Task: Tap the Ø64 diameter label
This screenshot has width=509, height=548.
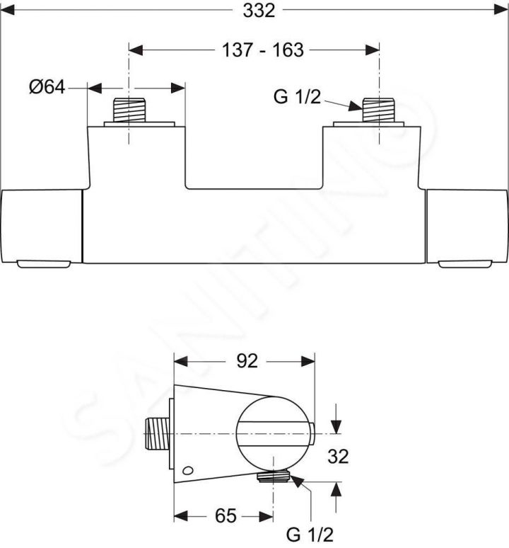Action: click(x=47, y=87)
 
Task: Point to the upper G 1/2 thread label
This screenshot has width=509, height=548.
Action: click(x=297, y=98)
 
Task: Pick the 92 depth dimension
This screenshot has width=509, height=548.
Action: click(x=245, y=361)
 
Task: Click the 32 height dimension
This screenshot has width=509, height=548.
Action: click(x=339, y=457)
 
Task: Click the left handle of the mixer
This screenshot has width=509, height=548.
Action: click(x=42, y=225)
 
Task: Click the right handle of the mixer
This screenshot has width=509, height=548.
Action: click(x=467, y=225)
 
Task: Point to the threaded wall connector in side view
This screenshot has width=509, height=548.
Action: click(x=157, y=432)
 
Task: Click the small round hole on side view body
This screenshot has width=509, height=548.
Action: click(x=187, y=471)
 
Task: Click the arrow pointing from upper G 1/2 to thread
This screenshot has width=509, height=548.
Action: click(x=345, y=105)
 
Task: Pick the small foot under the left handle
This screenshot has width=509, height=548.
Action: click(x=42, y=265)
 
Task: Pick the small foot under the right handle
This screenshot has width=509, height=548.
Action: click(x=462, y=265)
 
